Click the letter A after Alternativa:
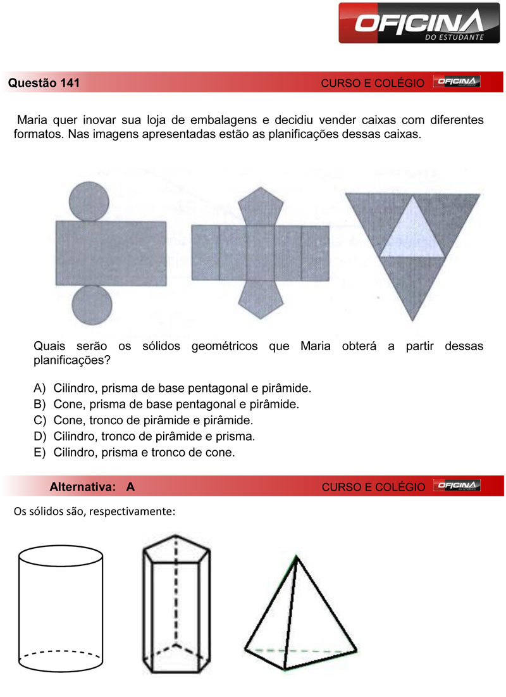pos(130,487)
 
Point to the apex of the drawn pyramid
pos(295,558)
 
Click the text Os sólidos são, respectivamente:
pos(94,511)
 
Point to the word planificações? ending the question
pos(69,361)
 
